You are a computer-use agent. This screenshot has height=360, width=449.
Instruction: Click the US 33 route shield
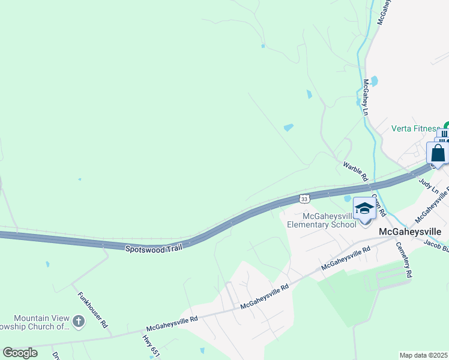[304, 198]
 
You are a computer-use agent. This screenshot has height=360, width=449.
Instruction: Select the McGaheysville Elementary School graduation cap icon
[364, 209]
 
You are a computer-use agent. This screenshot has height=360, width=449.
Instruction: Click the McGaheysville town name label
[410, 231]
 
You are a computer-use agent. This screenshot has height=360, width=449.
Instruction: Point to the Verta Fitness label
[415, 128]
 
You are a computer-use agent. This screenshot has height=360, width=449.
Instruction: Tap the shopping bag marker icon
[438, 153]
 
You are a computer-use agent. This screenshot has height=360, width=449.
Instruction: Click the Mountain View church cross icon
[78, 322]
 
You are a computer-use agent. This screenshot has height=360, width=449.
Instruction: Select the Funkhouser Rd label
[92, 310]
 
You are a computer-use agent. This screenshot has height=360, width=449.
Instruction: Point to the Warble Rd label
[355, 171]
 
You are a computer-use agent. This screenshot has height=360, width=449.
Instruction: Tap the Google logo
[20, 353]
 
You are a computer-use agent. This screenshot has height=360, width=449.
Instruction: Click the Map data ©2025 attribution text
[424, 355]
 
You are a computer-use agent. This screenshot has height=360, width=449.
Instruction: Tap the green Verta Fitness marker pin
[445, 125]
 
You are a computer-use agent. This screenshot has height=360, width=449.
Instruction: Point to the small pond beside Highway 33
[346, 198]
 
